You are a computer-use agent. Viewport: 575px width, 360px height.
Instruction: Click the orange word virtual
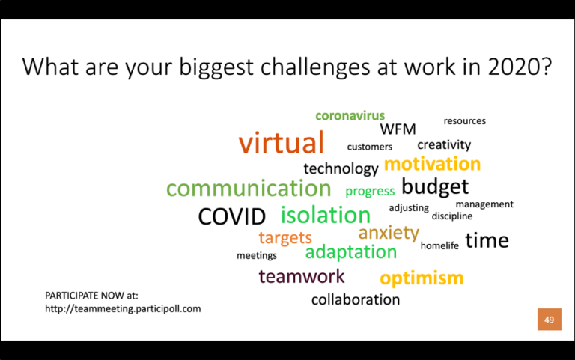pyautogui.click(x=282, y=143)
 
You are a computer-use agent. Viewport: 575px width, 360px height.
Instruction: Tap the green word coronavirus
pyautogui.click(x=350, y=115)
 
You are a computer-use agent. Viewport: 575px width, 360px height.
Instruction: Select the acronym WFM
pyautogui.click(x=398, y=129)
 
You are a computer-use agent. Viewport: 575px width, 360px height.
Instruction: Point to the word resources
pyautogui.click(x=464, y=121)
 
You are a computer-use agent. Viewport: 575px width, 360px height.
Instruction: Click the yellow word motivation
pyautogui.click(x=432, y=164)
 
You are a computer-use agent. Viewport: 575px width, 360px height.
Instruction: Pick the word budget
pyautogui.click(x=435, y=186)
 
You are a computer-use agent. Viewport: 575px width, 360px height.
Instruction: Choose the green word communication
pyautogui.click(x=248, y=188)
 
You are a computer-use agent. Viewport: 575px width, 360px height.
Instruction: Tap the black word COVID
pyautogui.click(x=231, y=217)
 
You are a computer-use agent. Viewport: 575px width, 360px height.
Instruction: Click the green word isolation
pyautogui.click(x=326, y=215)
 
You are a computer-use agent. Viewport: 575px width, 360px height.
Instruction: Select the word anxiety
pyautogui.click(x=388, y=234)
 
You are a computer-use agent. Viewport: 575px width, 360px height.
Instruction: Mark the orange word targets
pyautogui.click(x=285, y=238)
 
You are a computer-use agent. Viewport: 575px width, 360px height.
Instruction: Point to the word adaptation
pyautogui.click(x=350, y=252)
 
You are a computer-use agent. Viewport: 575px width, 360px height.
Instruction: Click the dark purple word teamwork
pyautogui.click(x=301, y=277)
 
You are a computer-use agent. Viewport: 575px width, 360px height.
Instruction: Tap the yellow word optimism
pyautogui.click(x=422, y=279)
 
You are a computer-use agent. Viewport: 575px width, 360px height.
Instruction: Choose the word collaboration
pyautogui.click(x=355, y=300)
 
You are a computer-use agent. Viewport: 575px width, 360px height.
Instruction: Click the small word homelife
pyautogui.click(x=439, y=245)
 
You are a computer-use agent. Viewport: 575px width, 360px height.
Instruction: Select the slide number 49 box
pyautogui.click(x=549, y=320)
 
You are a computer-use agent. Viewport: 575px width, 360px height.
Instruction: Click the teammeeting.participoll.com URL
pyautogui.click(x=123, y=308)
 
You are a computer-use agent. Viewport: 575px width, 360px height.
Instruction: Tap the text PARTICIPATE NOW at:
pyautogui.click(x=91, y=296)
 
